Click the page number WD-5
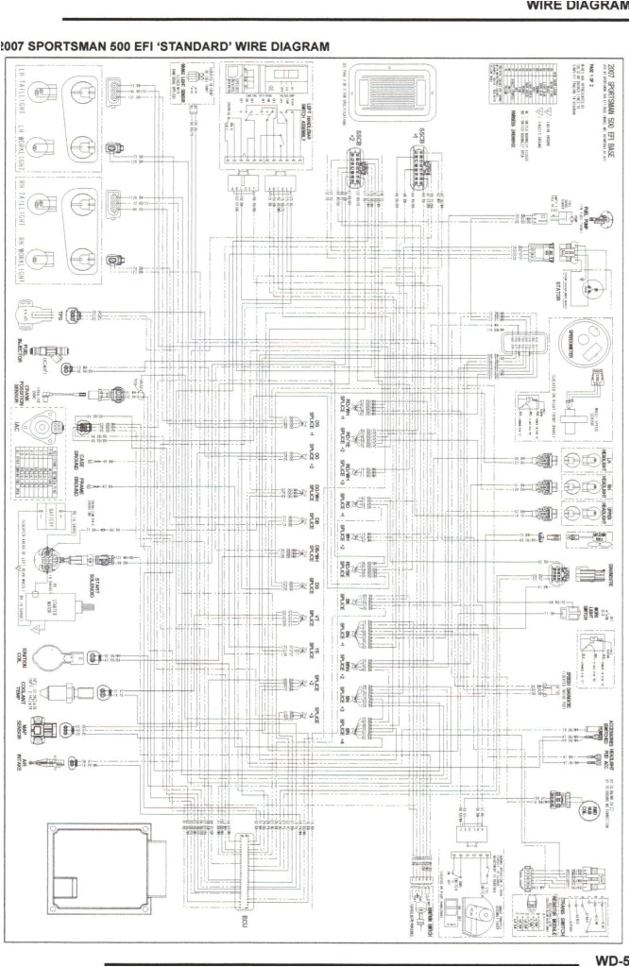(610, 959)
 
